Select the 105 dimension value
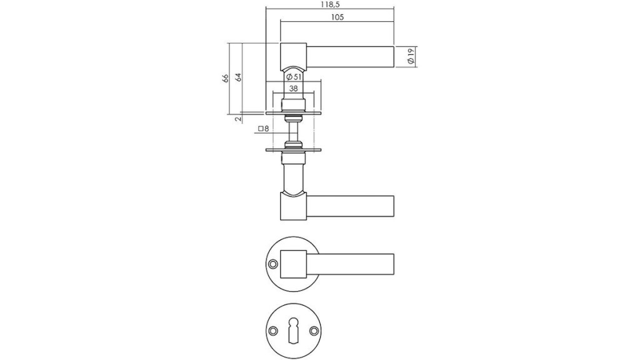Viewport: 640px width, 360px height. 337,17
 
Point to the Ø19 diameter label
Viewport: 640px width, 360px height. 411,56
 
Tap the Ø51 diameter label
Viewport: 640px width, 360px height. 294,77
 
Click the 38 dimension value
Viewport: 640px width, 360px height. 293,88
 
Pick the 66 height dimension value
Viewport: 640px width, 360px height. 225,78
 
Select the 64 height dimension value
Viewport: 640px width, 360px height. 238,77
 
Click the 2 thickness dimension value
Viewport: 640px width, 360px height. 238,119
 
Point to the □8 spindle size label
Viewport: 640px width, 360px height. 263,129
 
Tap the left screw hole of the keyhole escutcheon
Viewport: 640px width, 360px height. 272,331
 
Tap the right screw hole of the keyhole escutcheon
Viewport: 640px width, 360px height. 314,331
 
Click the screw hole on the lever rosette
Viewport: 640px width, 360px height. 273,264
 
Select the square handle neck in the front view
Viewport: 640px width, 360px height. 293,264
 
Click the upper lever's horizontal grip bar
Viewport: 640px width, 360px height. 350,57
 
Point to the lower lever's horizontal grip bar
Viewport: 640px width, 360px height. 350,206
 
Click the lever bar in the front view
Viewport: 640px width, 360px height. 350,264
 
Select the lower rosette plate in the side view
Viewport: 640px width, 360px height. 293,150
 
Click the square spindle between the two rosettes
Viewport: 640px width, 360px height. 293,131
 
